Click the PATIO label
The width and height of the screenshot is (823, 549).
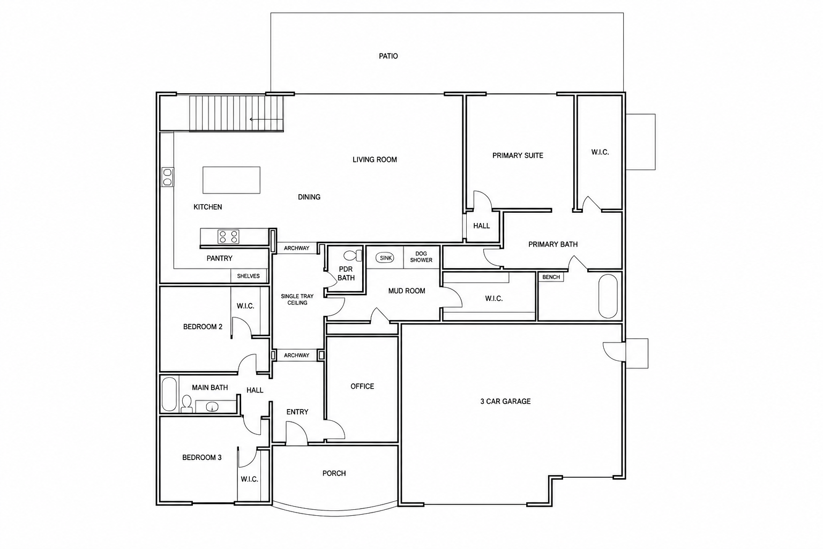click(388, 56)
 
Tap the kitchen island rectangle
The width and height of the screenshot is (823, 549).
click(231, 180)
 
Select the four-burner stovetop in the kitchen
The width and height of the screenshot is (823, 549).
click(228, 237)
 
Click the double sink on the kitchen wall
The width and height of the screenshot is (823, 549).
click(168, 177)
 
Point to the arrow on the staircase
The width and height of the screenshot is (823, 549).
click(266, 120)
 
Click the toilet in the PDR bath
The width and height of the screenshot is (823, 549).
click(353, 256)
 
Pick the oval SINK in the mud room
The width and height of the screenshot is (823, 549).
click(385, 258)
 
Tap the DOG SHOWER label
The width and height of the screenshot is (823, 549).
click(421, 257)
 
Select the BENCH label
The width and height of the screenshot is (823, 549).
click(551, 277)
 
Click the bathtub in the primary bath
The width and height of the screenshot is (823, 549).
click(608, 296)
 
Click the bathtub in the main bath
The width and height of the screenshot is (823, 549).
click(169, 394)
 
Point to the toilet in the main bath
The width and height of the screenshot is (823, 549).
click(186, 404)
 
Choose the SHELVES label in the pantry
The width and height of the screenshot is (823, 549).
click(249, 276)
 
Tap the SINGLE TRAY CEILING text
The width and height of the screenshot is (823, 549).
click(297, 299)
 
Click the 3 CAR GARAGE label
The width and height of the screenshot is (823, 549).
click(506, 402)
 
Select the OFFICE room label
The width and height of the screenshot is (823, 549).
click(362, 387)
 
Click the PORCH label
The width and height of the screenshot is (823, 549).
click(334, 473)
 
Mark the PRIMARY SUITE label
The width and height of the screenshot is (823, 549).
click(518, 155)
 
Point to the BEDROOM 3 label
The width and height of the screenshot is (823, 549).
click(201, 458)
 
